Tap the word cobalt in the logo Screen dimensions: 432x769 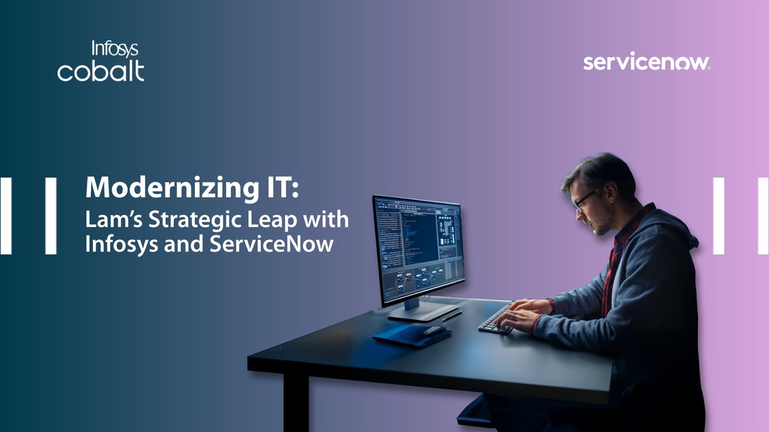coord(101,71)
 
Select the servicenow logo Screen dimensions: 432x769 coord(646,63)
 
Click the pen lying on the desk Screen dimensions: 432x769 coord(452,316)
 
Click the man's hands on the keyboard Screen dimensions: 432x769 coord(522,314)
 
